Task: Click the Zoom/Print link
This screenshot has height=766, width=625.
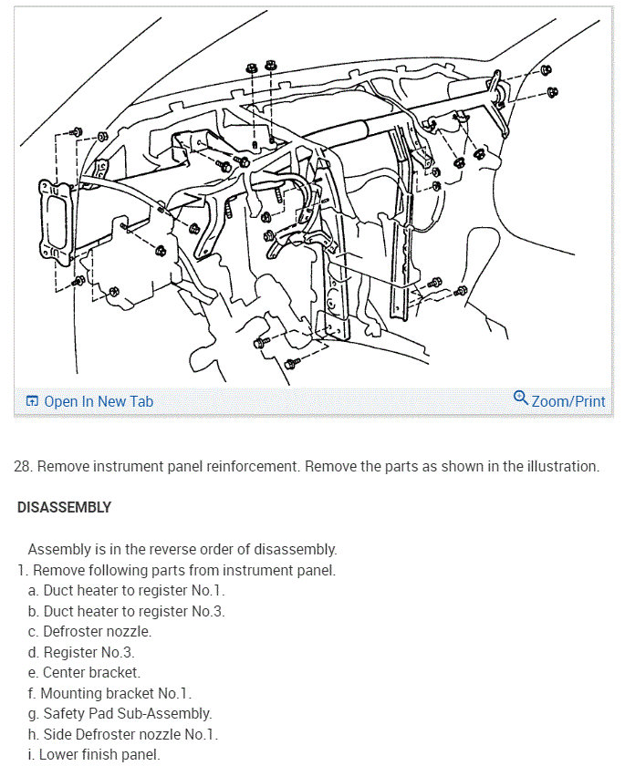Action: pos(568,401)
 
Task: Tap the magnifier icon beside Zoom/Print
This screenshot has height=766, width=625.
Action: pos(521,398)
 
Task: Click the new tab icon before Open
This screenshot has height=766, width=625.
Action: pos(33,401)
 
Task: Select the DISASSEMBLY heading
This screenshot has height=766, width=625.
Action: pos(64,507)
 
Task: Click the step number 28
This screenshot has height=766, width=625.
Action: pos(22,466)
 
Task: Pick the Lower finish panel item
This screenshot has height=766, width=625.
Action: pos(99,754)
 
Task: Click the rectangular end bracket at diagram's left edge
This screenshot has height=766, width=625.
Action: pos(52,223)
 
